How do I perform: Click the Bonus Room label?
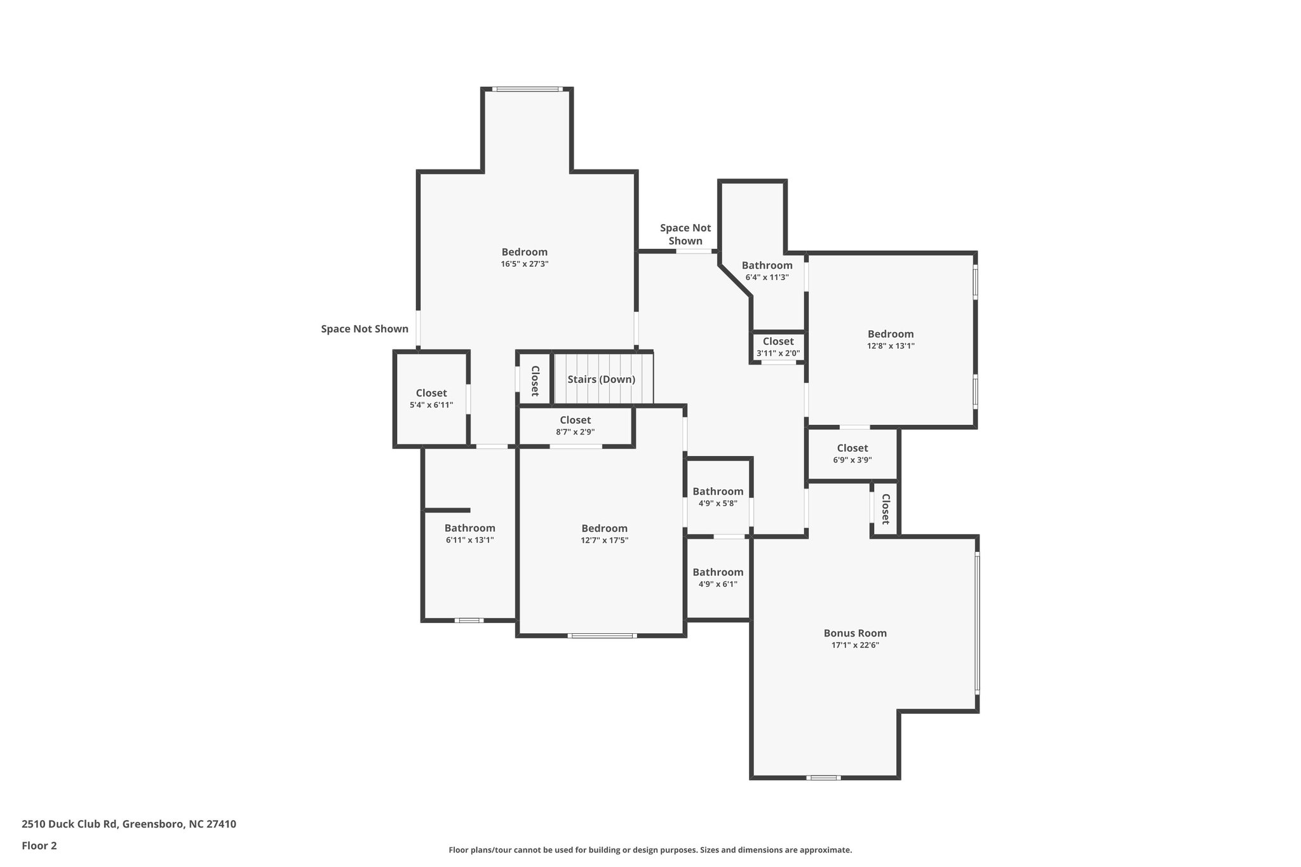pos(855,633)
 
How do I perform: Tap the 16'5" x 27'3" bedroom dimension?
pos(524,264)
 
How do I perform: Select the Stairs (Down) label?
pos(601,380)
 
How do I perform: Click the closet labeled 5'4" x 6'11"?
pos(431,399)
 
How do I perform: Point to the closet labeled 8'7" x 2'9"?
pos(575,426)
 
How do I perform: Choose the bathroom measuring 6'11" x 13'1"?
pos(469,534)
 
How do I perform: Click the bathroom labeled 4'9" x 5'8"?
pos(718,497)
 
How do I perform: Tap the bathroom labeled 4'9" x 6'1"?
pos(718,577)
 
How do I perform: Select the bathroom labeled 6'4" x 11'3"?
pos(767,271)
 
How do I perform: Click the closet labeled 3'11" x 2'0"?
pos(778,347)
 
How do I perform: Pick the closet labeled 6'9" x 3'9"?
pos(852,454)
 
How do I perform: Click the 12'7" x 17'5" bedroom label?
pos(604,534)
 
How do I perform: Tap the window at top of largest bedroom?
pos(528,89)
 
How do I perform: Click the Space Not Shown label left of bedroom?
pos(364,329)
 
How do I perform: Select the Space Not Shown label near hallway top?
pos(685,234)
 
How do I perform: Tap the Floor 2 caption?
pos(39,845)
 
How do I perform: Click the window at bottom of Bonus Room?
pos(823,777)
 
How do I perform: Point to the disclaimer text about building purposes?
pos(650,850)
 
